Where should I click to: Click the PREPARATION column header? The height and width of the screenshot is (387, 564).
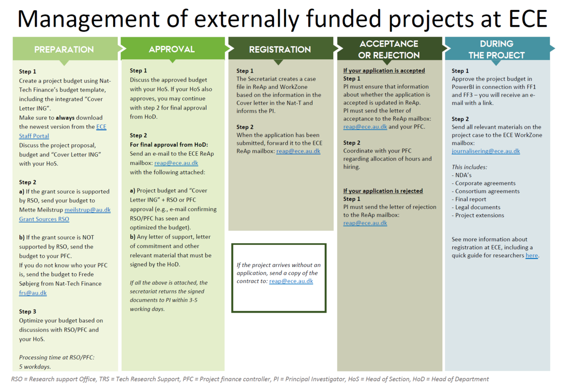(x=64, y=49)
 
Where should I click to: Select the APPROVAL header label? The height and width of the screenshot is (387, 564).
(x=172, y=49)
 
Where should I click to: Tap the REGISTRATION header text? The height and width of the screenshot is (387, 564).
(x=280, y=49)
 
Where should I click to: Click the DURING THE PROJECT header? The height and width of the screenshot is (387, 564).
(x=496, y=49)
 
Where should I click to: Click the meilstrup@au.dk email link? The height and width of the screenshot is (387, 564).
(x=87, y=210)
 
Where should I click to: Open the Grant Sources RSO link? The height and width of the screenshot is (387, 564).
(x=44, y=219)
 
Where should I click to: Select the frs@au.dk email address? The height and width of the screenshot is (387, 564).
(x=33, y=293)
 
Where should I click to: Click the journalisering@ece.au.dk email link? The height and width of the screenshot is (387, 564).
(x=486, y=151)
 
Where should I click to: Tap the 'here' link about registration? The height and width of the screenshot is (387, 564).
(x=532, y=255)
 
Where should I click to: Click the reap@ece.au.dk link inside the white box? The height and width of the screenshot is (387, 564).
(x=291, y=281)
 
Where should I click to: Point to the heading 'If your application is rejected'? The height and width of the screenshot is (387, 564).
(x=383, y=191)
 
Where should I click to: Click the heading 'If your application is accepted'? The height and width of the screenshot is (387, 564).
(x=384, y=71)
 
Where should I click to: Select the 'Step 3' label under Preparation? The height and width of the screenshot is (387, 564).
(x=27, y=311)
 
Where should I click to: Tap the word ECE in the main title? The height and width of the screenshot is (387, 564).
(x=528, y=19)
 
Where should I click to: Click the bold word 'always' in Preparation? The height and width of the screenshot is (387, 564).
(x=65, y=118)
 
